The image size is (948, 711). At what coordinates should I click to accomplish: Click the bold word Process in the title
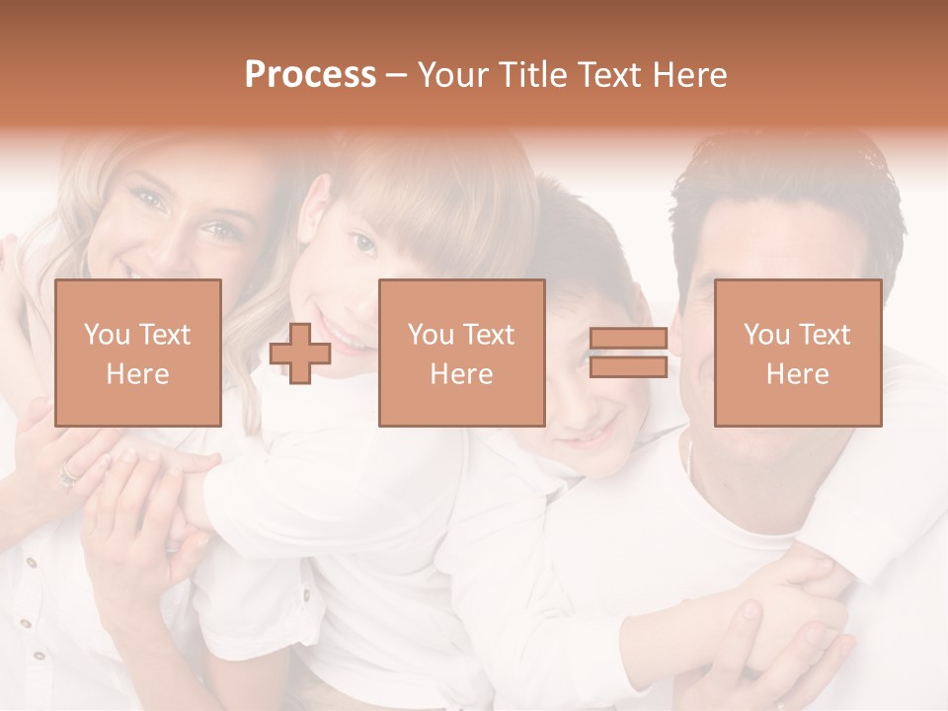coord(310,74)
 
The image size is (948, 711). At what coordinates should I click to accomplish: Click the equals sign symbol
coord(628,353)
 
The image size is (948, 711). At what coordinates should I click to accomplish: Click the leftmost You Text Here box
coord(137,353)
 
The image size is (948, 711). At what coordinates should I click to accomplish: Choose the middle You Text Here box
coord(461,353)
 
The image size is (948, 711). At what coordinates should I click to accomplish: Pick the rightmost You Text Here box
coord(797,353)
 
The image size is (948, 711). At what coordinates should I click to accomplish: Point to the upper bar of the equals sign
coord(628,339)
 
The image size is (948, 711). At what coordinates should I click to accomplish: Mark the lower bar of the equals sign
coord(628,367)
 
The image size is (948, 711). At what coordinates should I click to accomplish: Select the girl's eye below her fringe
coord(362,241)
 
